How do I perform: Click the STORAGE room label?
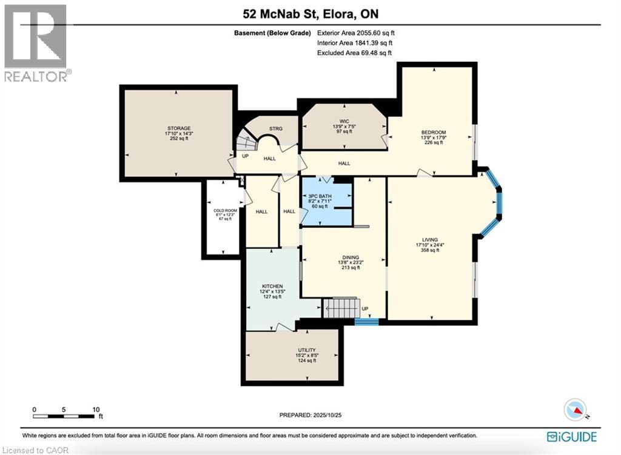tap(179, 128)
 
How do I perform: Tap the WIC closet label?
tap(344, 121)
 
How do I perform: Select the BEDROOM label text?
tap(434, 132)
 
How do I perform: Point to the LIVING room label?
tap(430, 239)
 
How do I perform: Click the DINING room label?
tap(351, 257)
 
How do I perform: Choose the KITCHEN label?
tap(272, 286)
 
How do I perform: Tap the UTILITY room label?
tap(307, 350)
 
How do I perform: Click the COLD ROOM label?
tap(226, 210)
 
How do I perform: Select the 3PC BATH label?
tap(320, 196)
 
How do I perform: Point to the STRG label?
tap(276, 128)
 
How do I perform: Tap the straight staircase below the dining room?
tap(341, 307)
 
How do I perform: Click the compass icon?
tap(575, 410)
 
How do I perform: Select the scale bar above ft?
tap(64, 416)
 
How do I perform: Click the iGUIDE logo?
tap(572, 437)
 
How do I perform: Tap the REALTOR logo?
tap(36, 43)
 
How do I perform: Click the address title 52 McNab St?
tap(280, 15)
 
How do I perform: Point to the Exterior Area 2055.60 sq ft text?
tap(355, 33)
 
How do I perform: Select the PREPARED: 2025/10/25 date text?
tap(310, 415)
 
